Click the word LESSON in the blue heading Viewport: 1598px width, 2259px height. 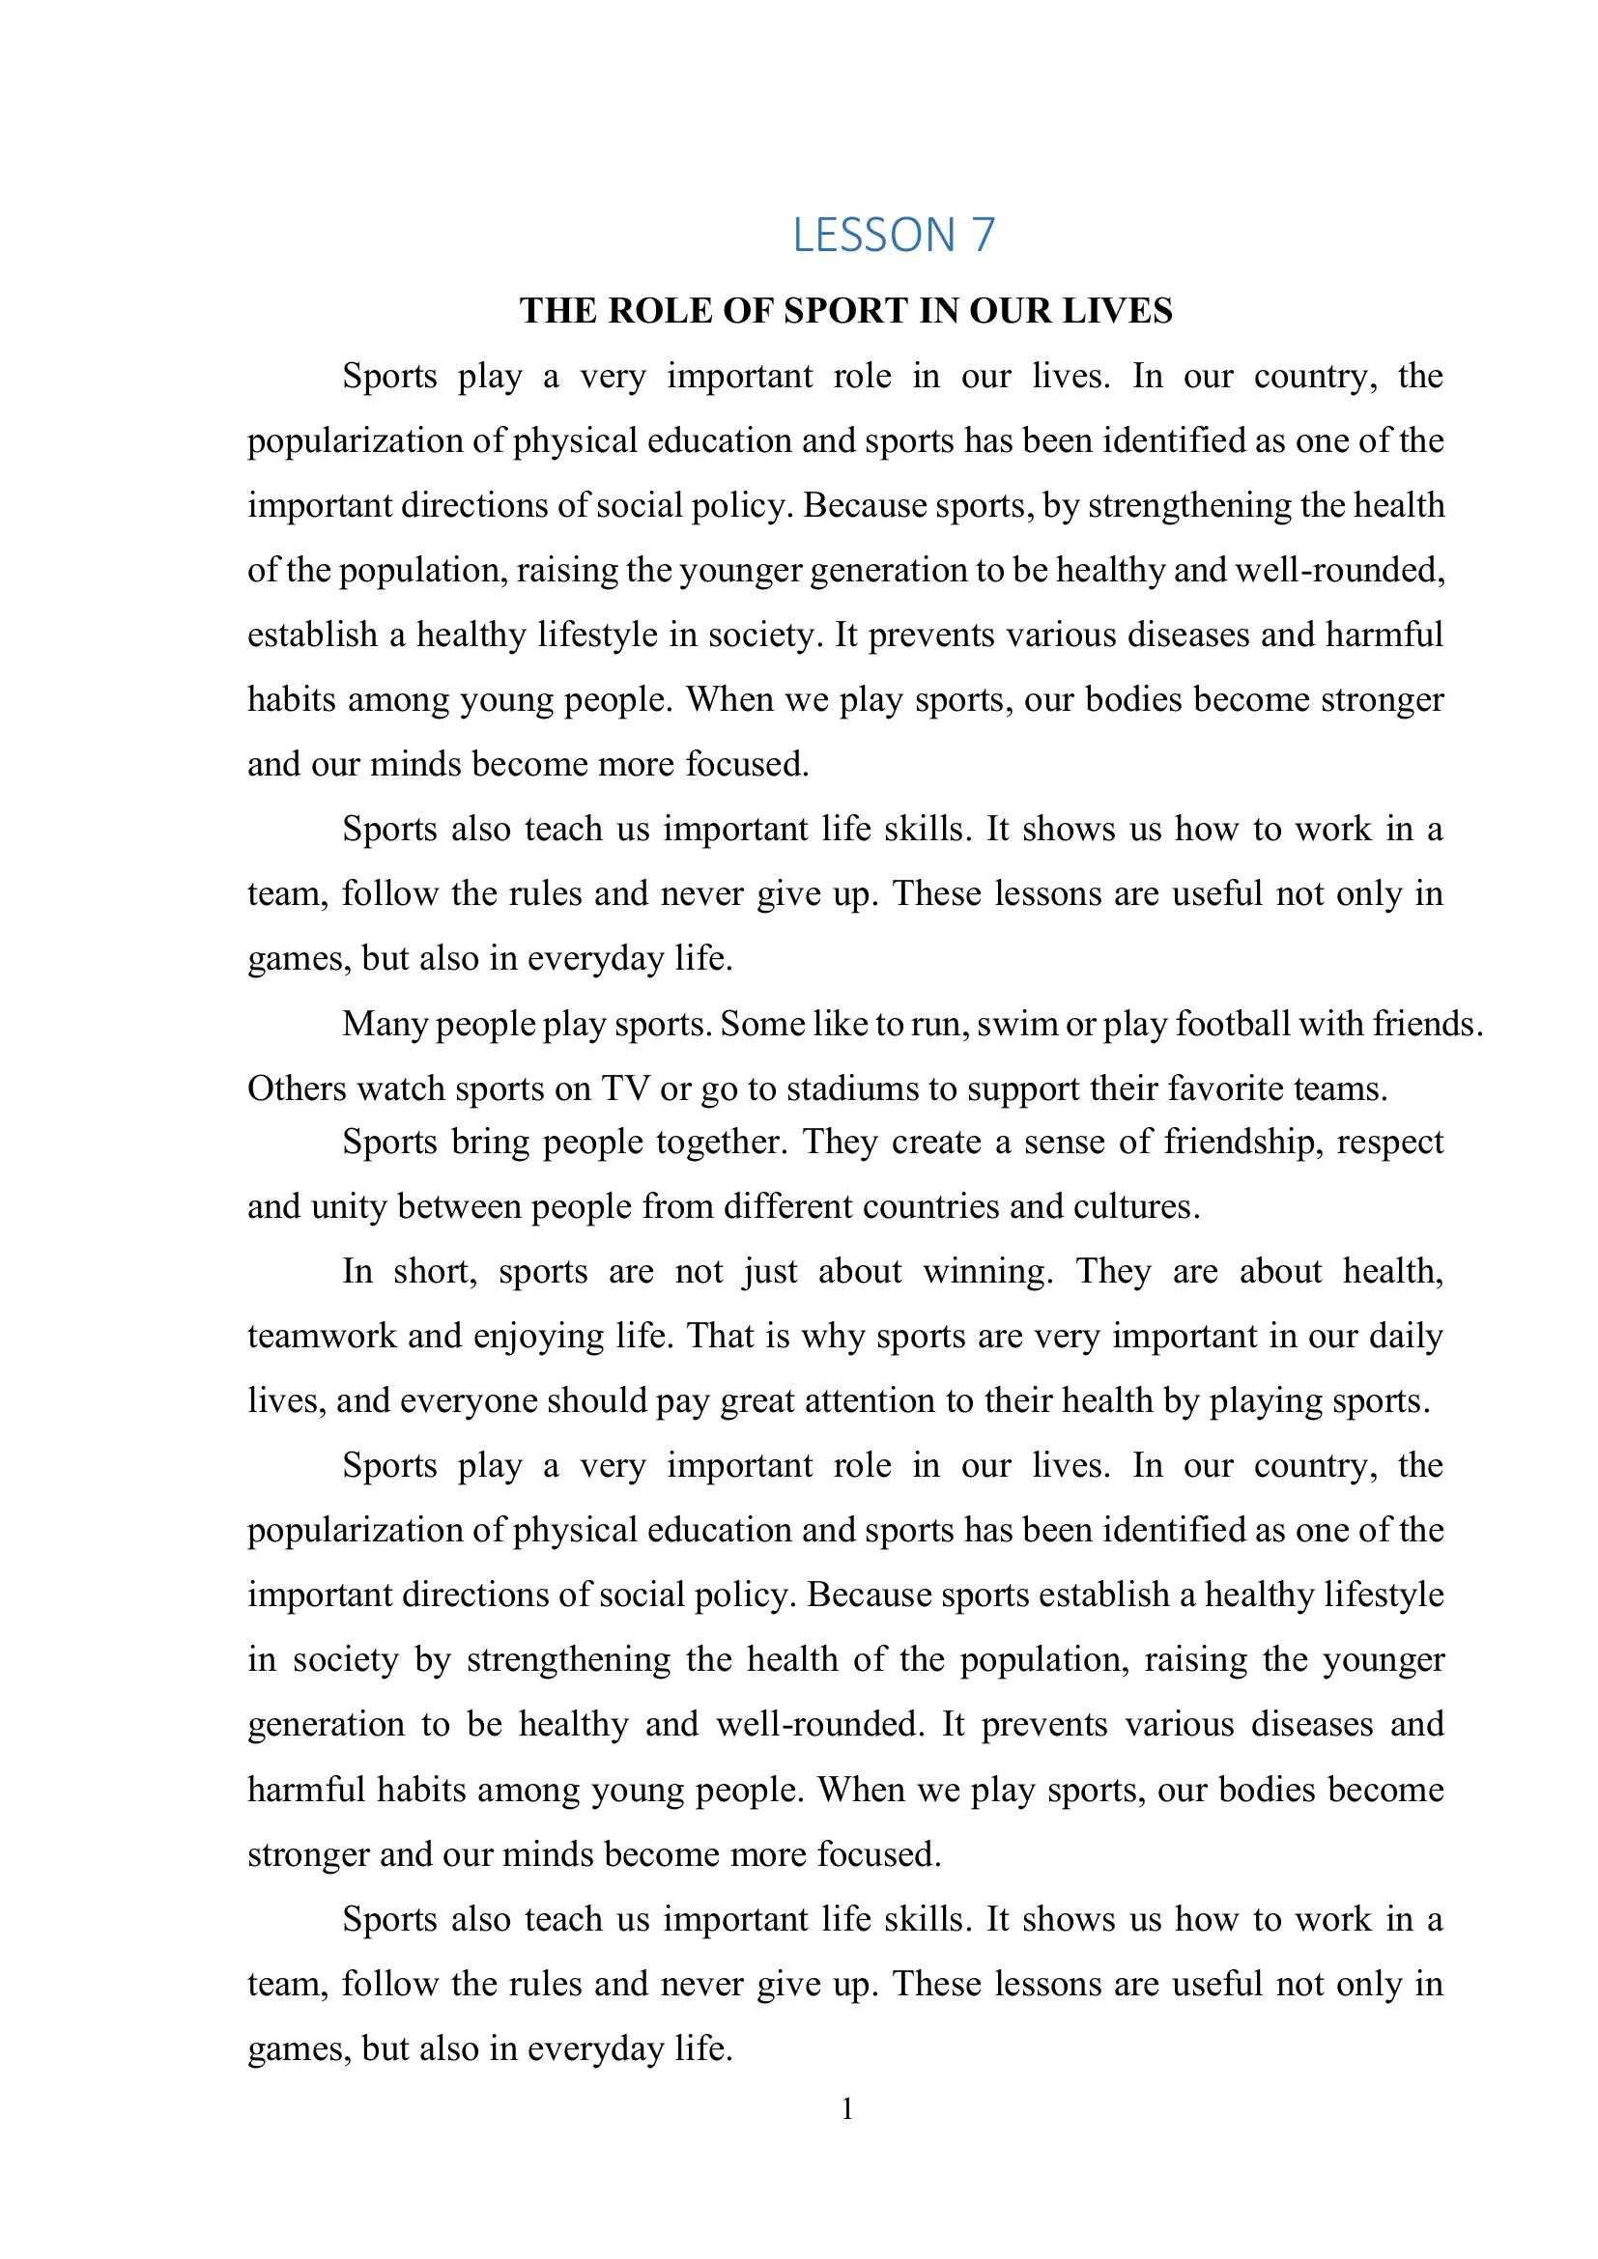click(x=873, y=235)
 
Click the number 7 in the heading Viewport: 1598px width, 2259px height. click(x=983, y=235)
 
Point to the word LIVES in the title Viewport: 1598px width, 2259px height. click(x=1119, y=311)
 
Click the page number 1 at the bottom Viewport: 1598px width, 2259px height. click(x=847, y=2108)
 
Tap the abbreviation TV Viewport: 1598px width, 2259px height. click(x=626, y=1089)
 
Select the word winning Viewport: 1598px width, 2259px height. click(x=987, y=1272)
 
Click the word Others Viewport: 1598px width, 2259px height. click(x=298, y=1089)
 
